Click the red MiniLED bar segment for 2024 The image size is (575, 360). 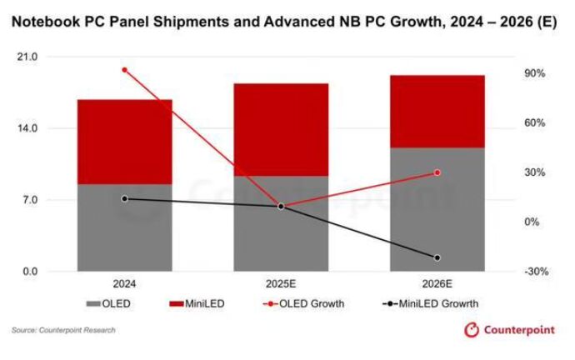[124, 142]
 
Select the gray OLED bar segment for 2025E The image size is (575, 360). [281, 223]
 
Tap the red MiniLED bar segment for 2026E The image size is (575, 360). [437, 112]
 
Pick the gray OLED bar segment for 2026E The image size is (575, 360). [437, 209]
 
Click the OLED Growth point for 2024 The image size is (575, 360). [124, 70]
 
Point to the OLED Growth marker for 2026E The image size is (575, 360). [437, 172]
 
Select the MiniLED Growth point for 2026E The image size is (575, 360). [437, 257]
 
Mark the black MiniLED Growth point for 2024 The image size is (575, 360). [124, 198]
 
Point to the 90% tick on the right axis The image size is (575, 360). [535, 73]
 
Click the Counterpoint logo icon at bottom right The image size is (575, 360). [473, 331]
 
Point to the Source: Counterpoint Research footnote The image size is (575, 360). [63, 331]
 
